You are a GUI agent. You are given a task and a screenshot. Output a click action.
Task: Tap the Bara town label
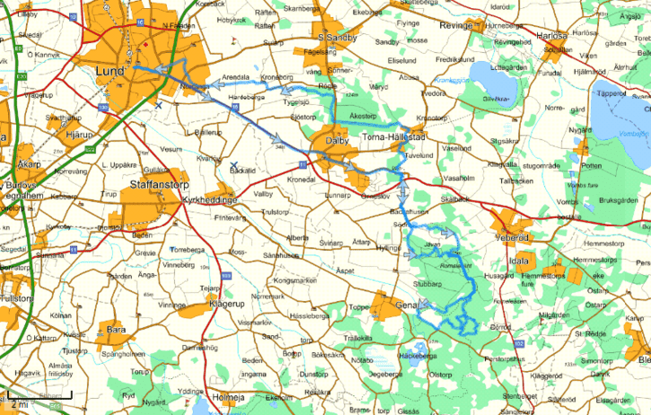point(117,330)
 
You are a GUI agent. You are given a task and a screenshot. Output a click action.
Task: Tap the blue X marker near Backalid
point(233,164)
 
